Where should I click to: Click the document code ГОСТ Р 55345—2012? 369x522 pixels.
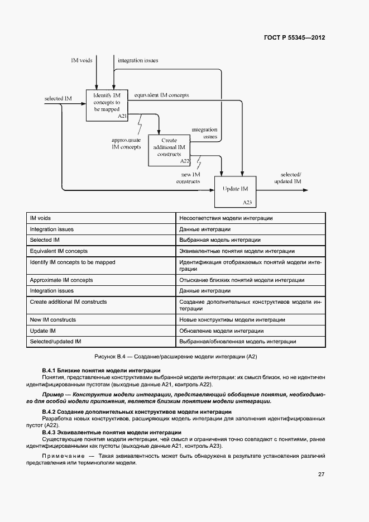pyautogui.click(x=294, y=38)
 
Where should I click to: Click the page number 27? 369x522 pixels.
pyautogui.click(x=321, y=475)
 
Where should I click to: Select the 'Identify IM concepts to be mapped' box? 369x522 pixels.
pyautogui.click(x=107, y=105)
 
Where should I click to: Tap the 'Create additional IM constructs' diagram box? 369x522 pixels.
pyautogui.click(x=169, y=150)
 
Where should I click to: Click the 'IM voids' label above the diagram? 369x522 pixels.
pyautogui.click(x=82, y=60)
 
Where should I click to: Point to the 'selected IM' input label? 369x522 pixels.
pyautogui.click(x=58, y=99)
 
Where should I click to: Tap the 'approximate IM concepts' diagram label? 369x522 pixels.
pyautogui.click(x=126, y=143)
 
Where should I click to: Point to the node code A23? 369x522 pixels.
pyautogui.click(x=247, y=202)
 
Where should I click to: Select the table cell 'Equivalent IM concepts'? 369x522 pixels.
pyautogui.click(x=59, y=251)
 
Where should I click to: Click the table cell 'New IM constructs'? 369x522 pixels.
pyautogui.click(x=53, y=320)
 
